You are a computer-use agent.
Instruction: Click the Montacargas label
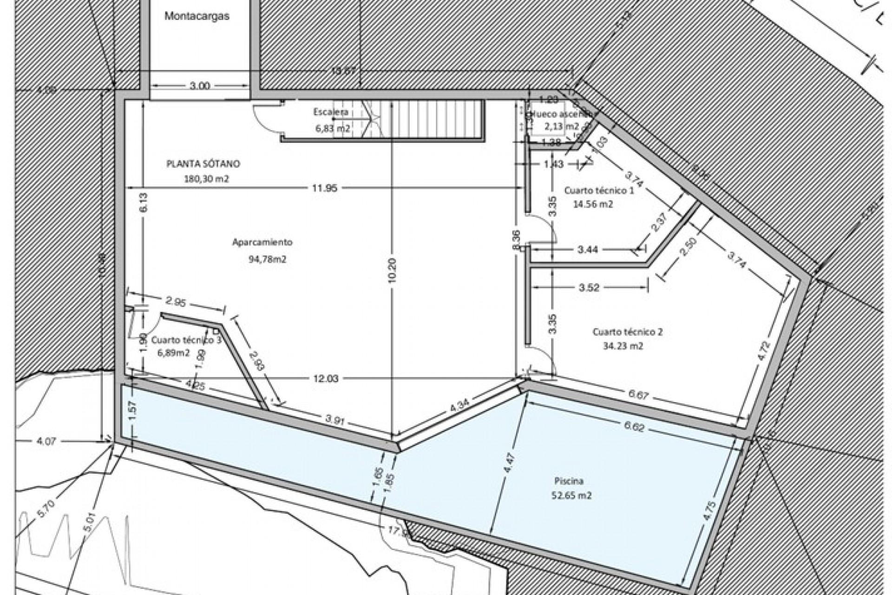197,16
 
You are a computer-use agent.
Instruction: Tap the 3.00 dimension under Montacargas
200,86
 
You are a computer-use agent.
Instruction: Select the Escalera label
331,112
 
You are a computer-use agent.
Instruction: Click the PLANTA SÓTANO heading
203,164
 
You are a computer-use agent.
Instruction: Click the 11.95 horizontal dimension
325,188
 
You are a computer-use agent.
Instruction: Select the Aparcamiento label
262,242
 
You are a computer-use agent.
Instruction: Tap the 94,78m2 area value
268,260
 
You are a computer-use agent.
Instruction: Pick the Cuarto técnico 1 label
599,190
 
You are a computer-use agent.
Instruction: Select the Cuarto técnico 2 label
628,332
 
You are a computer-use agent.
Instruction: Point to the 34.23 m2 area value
623,346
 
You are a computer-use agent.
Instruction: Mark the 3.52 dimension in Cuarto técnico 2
590,288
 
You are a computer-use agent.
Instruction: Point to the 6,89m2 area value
174,353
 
